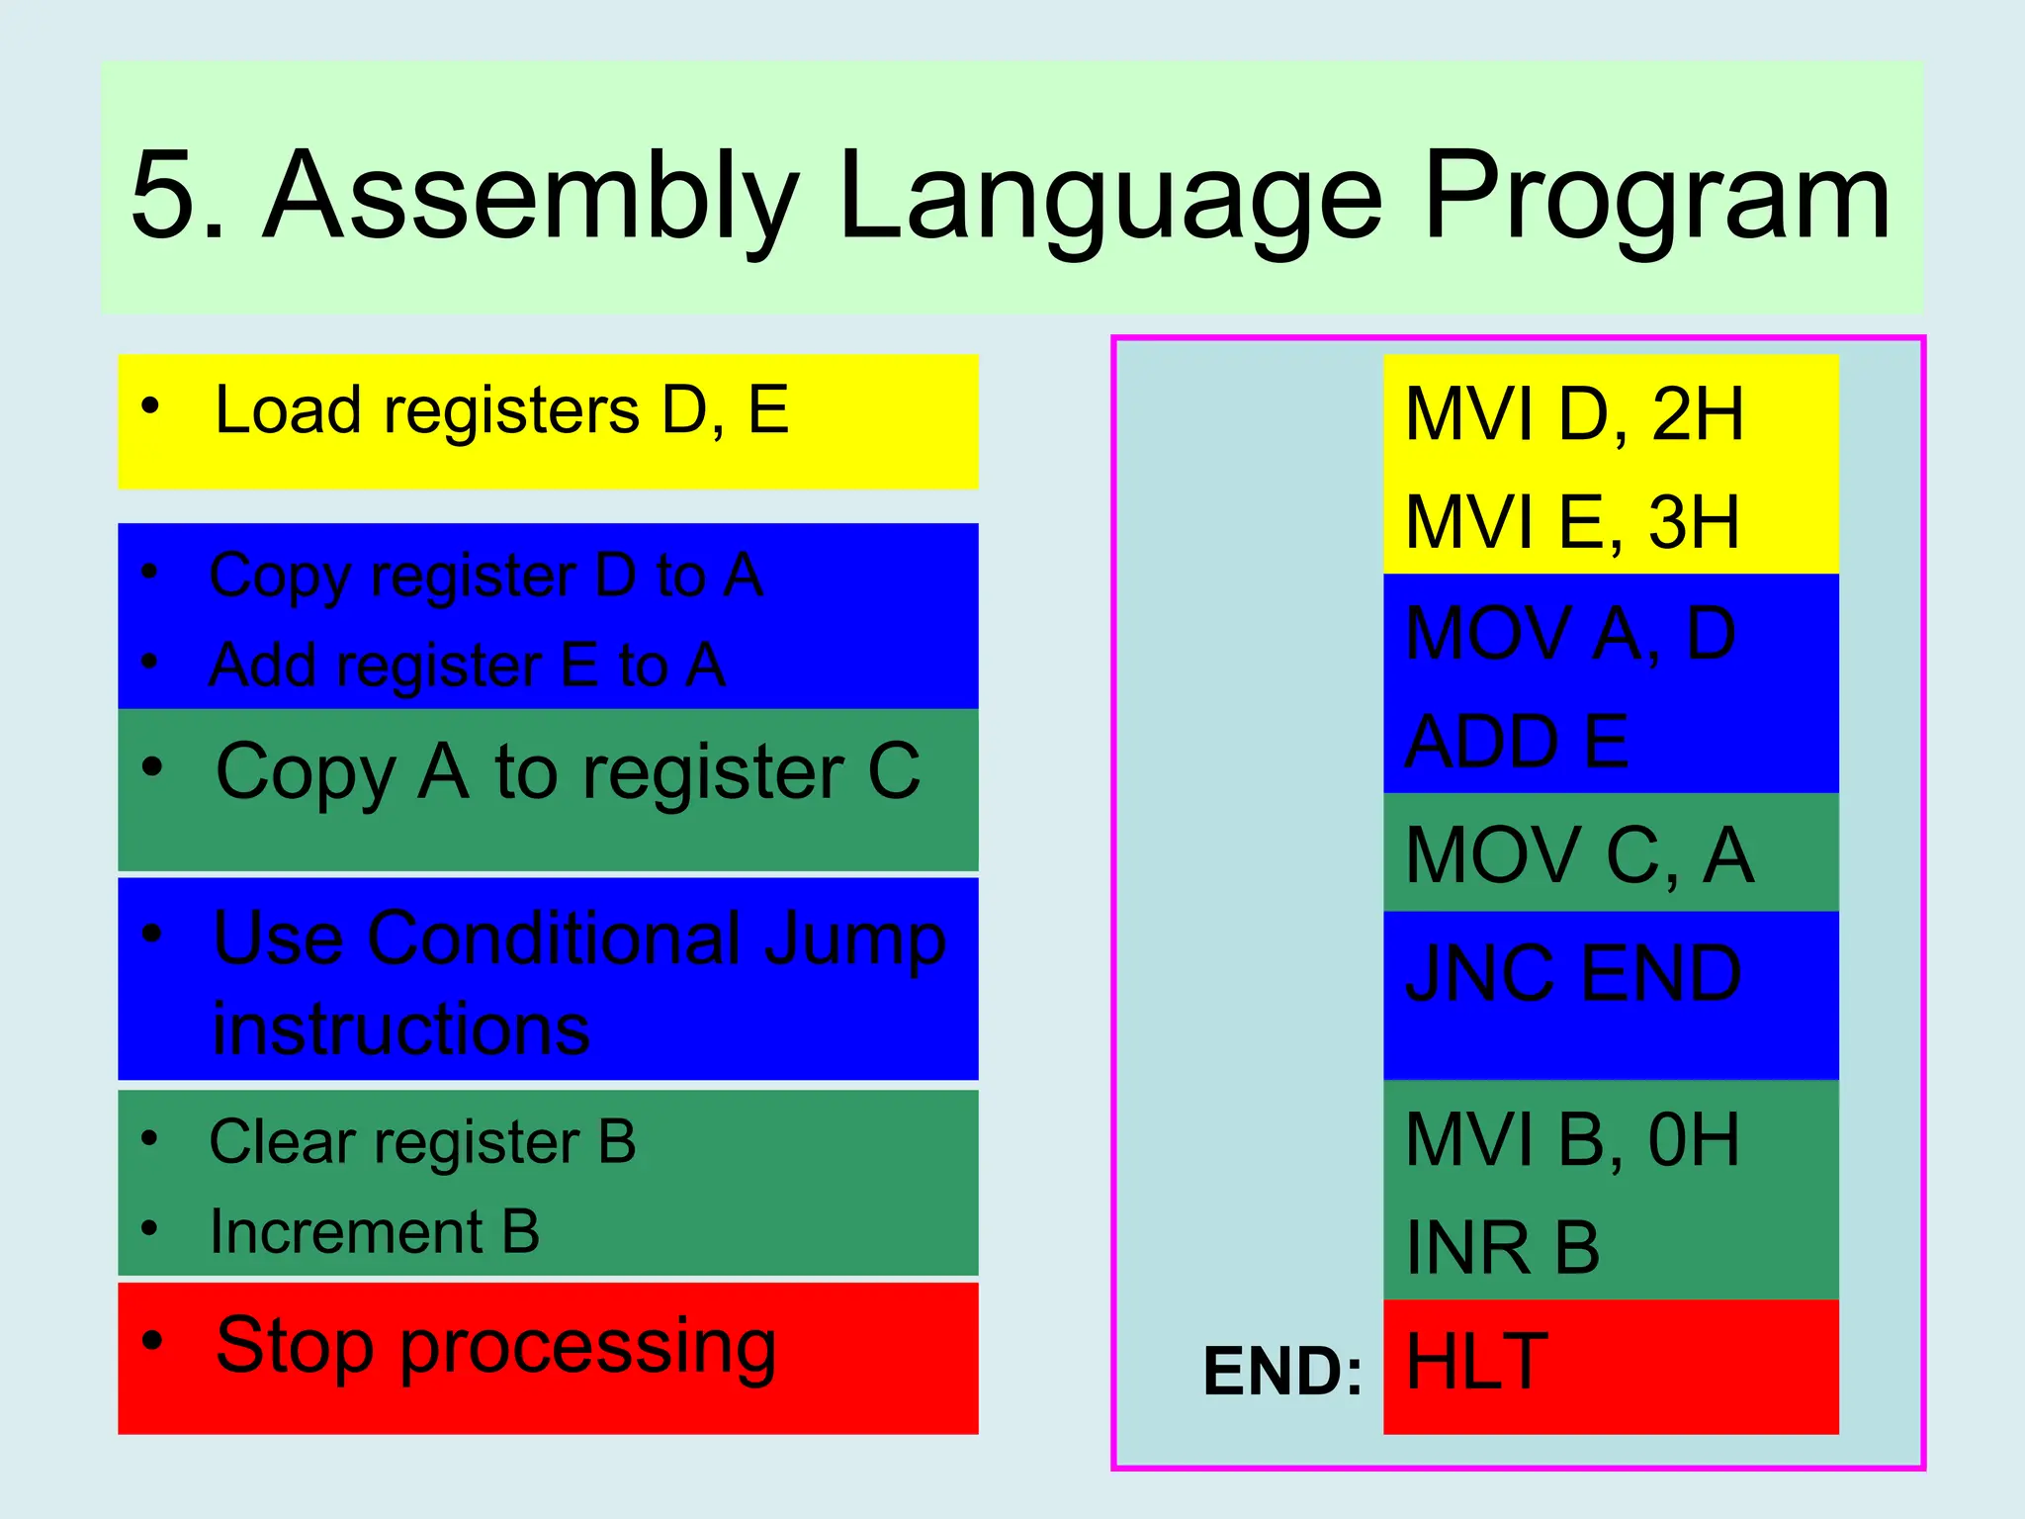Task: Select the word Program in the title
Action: (1656, 198)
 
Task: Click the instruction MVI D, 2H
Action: (1574, 414)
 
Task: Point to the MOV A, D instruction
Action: (1570, 634)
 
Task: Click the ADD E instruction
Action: (1517, 742)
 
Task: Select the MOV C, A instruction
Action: (1579, 855)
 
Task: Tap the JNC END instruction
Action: (1572, 974)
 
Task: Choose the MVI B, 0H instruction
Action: (1572, 1140)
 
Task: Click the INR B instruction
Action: (1503, 1248)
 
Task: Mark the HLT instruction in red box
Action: (1476, 1363)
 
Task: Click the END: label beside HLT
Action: (1282, 1372)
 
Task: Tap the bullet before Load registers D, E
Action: (150, 405)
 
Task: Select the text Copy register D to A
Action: (486, 576)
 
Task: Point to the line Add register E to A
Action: (468, 665)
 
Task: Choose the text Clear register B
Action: (422, 1142)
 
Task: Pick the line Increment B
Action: (375, 1232)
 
